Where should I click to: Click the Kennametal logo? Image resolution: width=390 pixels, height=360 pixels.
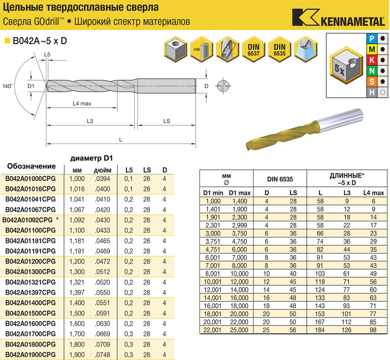[339, 17]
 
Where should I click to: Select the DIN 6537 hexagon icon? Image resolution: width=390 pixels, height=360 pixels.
[254, 49]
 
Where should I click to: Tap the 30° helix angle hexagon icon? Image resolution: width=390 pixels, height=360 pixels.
[227, 49]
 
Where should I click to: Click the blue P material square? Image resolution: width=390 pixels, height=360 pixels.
[372, 38]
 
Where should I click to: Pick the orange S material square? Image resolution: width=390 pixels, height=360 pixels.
[372, 81]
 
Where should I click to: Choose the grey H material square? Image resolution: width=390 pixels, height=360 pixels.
[372, 92]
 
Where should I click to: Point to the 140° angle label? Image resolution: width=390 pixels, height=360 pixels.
[7, 86]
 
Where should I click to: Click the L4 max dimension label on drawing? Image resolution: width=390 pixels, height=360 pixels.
[82, 103]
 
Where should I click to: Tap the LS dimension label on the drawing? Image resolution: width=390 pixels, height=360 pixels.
[167, 121]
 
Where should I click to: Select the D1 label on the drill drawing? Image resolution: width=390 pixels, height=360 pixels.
[31, 86]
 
